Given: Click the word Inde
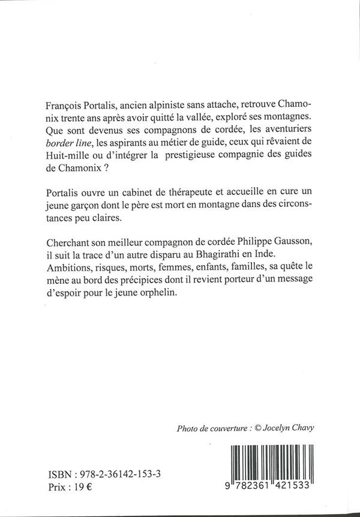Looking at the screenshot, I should tap(280, 253).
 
